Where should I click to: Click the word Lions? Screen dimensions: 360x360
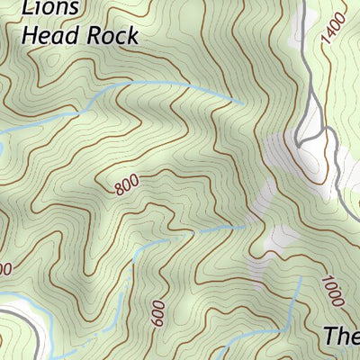click(x=50, y=8)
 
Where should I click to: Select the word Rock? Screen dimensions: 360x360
click(x=113, y=36)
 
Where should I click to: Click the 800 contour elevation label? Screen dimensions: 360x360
click(x=127, y=185)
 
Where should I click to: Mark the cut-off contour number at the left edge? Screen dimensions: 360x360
click(x=4, y=268)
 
